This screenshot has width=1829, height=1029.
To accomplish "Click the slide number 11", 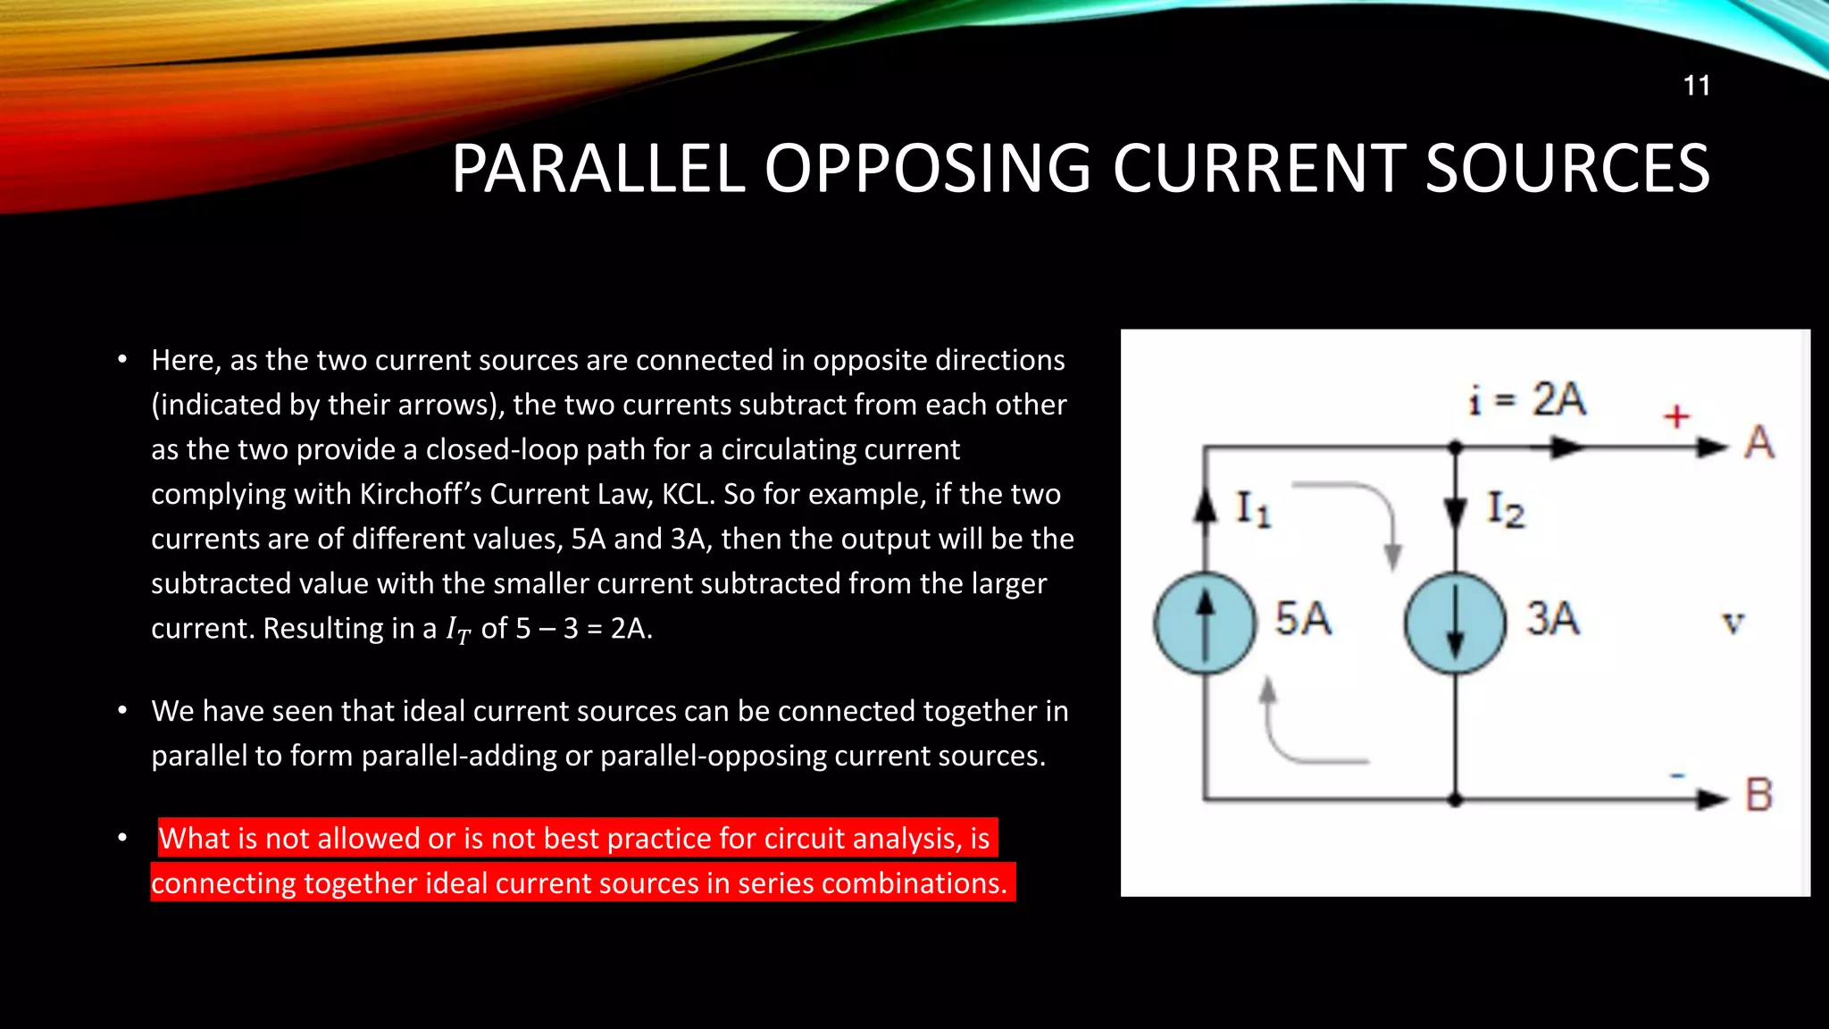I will click(x=1696, y=86).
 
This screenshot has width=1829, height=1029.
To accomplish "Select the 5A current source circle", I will click(x=1205, y=623).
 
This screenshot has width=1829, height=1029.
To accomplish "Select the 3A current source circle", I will click(x=1455, y=623).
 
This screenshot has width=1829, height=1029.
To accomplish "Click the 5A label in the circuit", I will click(x=1303, y=619).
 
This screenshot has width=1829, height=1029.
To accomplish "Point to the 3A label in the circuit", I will click(x=1553, y=619).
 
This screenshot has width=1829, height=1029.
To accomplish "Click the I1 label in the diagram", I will click(x=1252, y=509).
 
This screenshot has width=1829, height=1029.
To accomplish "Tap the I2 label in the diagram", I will click(x=1506, y=510).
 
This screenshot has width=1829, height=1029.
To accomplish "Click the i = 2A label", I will click(x=1528, y=399).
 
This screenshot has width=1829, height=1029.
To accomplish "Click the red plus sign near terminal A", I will click(x=1676, y=416).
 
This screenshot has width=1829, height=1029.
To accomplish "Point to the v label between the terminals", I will click(x=1733, y=623).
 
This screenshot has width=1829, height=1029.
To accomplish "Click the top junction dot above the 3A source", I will click(x=1455, y=447).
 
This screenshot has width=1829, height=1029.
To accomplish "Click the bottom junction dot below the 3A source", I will click(x=1455, y=799).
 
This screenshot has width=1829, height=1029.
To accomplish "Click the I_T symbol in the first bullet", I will click(x=457, y=630).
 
